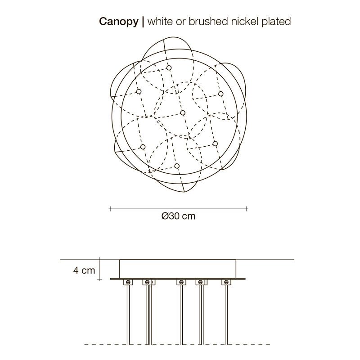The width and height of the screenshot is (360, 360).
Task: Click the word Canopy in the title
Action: click(119, 22)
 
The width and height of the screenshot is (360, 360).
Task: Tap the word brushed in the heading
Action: click(208, 21)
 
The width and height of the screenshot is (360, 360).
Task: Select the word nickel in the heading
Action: click(245, 21)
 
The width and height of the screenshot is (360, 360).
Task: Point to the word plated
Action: click(276, 22)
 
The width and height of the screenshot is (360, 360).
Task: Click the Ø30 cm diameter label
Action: click(178, 216)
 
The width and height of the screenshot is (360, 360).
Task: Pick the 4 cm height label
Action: click(84, 270)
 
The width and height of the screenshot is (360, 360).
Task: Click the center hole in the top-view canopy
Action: click(183, 113)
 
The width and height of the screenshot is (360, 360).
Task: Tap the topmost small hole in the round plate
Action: click(169, 68)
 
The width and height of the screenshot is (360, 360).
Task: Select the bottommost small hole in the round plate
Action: click(176, 166)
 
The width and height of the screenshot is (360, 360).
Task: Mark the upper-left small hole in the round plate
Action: click(139, 92)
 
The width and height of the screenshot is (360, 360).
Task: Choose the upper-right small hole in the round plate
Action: click(221, 94)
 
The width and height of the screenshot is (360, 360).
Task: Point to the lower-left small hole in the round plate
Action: click(143, 147)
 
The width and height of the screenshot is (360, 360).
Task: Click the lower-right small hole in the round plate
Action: click(215, 144)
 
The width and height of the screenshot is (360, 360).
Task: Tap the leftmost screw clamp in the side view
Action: click(128, 282)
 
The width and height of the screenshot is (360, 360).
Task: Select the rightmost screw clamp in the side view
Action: click(226, 282)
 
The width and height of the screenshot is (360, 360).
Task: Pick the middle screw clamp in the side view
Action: click(181, 282)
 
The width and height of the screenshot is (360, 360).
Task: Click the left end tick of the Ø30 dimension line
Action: click(110, 209)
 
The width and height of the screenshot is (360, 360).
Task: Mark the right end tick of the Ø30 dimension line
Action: click(246, 209)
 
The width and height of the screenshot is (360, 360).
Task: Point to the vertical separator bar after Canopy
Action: click(143, 22)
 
